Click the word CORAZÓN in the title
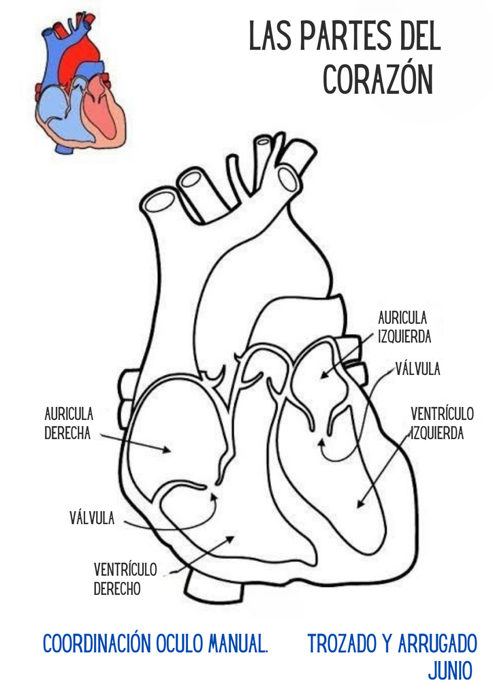(x=378, y=79)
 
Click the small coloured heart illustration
(x=80, y=84)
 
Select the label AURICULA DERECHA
(x=69, y=423)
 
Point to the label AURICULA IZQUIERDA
(x=404, y=327)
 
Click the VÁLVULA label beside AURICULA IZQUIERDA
(x=418, y=369)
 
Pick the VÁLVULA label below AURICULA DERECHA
(x=92, y=518)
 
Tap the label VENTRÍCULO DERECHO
(x=125, y=579)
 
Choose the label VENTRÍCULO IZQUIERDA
(x=442, y=423)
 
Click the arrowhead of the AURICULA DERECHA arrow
(x=167, y=450)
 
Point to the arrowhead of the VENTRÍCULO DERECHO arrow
(x=230, y=539)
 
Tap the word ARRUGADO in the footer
(x=438, y=643)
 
